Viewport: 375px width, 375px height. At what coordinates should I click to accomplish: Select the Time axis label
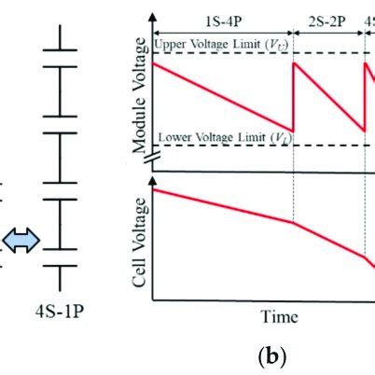click(x=279, y=317)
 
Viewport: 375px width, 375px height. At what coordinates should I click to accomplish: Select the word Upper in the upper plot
click(x=172, y=44)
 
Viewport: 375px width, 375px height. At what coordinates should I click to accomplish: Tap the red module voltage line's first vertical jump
click(x=294, y=97)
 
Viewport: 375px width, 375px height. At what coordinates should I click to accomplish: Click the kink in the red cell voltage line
click(x=294, y=223)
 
